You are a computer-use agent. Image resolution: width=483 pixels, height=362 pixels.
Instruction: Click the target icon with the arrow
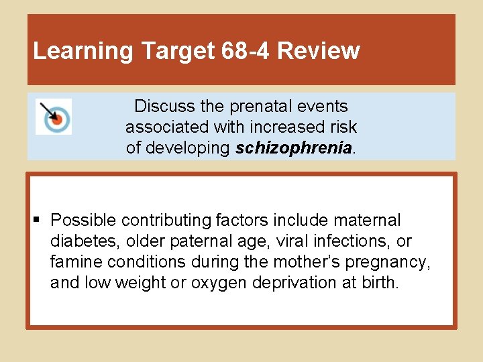click(x=54, y=117)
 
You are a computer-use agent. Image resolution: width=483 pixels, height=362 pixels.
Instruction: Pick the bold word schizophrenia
click(x=294, y=148)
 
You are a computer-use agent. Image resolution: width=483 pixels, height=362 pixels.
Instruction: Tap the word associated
click(x=167, y=127)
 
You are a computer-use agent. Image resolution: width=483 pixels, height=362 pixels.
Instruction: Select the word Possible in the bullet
click(x=79, y=220)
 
